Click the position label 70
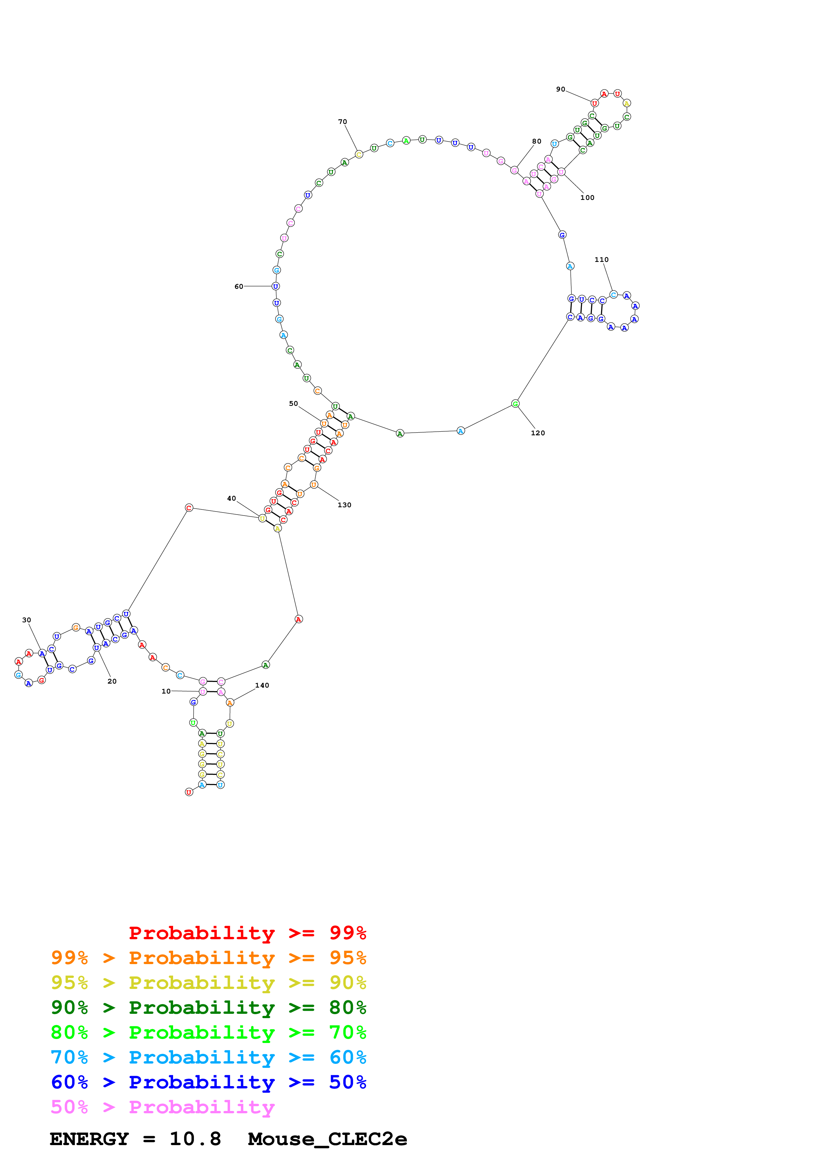point(343,122)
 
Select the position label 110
point(601,259)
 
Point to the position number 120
point(537,433)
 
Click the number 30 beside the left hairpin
point(26,620)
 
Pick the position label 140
point(262,685)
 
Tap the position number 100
point(587,198)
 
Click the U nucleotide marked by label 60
point(276,286)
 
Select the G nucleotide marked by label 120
point(515,404)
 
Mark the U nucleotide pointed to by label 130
point(313,485)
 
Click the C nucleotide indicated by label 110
point(613,295)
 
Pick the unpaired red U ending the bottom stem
point(189,792)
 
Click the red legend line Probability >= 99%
point(247,933)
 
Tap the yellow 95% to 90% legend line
point(208,982)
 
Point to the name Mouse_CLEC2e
point(327,1139)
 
